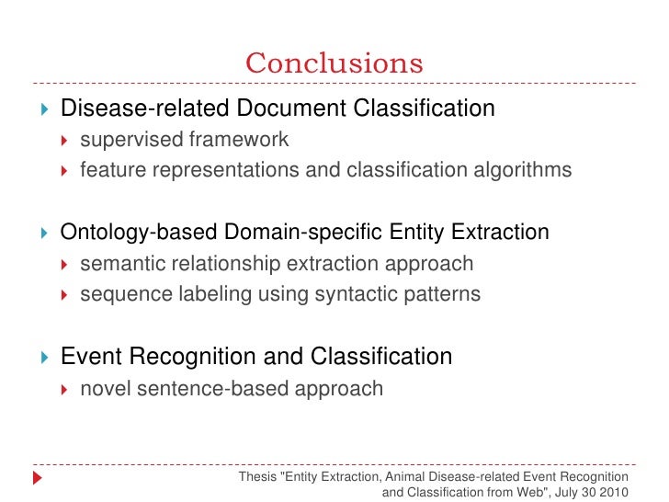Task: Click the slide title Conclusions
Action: point(334,63)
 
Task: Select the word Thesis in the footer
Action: point(255,477)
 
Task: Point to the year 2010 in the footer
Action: point(614,492)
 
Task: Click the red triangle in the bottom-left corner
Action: point(38,479)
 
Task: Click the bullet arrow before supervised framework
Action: point(64,141)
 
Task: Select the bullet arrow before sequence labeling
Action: point(64,296)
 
